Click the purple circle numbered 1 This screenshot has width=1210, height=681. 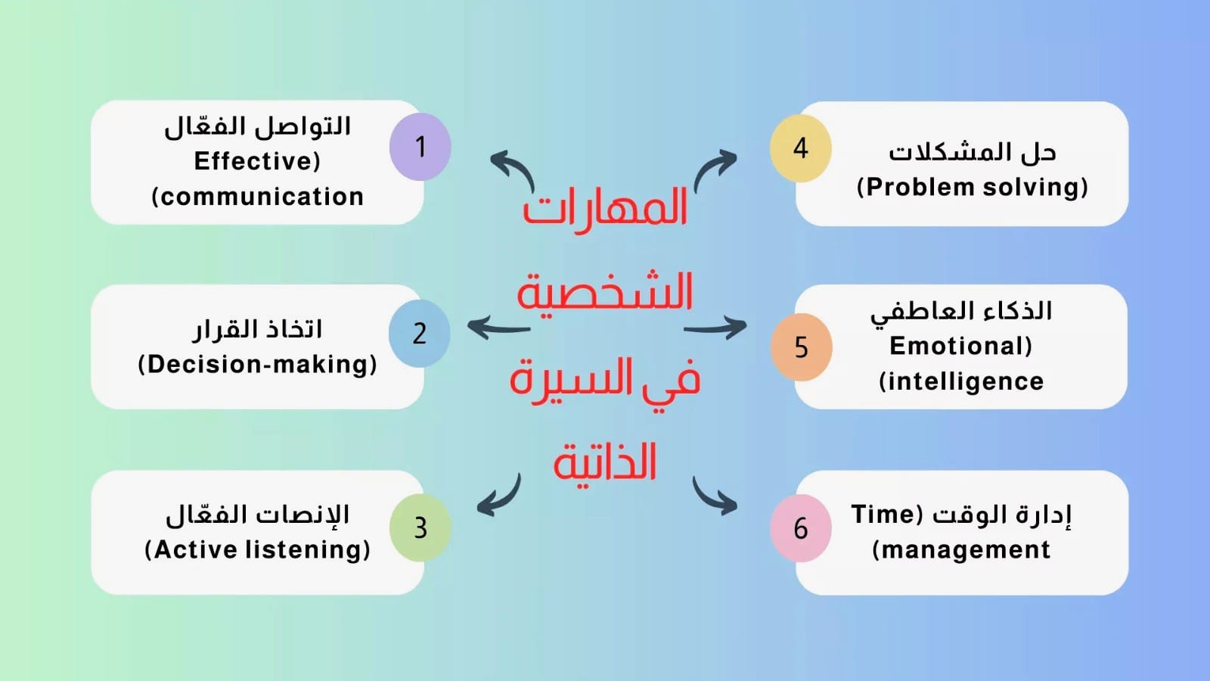tap(420, 147)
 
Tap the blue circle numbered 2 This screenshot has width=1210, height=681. tap(419, 334)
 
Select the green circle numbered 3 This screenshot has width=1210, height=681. tap(420, 527)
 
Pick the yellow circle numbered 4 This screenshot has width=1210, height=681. tap(801, 148)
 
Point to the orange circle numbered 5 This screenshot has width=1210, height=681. tap(801, 347)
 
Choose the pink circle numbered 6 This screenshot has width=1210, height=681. tap(801, 528)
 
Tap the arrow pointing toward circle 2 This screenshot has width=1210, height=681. tap(498, 328)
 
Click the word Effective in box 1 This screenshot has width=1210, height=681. tap(253, 161)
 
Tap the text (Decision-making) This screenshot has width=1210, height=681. tap(257, 364)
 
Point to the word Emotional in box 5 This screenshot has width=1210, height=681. tap(957, 346)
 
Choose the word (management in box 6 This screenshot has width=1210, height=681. tap(961, 550)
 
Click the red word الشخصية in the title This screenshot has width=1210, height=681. tap(605, 292)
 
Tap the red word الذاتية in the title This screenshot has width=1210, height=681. tap(605, 462)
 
